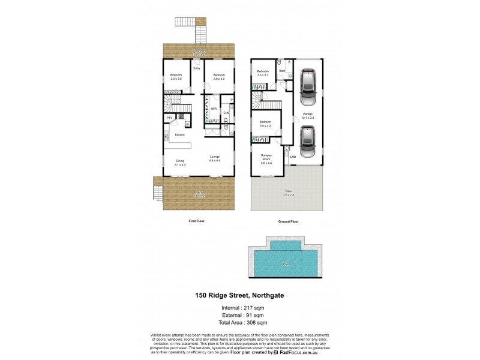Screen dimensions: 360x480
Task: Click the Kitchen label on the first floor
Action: tap(179, 135)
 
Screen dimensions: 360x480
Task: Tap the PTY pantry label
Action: tap(169, 118)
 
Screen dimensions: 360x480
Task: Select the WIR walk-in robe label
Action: tap(214, 109)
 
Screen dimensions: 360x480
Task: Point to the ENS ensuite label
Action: tap(226, 113)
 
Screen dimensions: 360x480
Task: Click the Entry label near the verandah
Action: tap(196, 68)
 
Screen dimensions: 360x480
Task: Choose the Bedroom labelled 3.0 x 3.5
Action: tap(176, 77)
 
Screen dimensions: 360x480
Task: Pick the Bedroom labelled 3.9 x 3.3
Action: tap(218, 77)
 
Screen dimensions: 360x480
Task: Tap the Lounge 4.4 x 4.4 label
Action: tap(215, 158)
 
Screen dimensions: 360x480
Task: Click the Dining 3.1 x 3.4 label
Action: tap(180, 161)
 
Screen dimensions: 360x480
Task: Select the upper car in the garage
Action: tap(307, 86)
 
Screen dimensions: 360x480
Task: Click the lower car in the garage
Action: tap(307, 142)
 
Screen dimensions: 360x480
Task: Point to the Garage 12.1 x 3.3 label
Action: tap(308, 115)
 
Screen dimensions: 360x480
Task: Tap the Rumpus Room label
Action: tap(266, 159)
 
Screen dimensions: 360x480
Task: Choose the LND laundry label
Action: tap(293, 157)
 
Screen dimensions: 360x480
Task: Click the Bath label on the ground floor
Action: tap(282, 71)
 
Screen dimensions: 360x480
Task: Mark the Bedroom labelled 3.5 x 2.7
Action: tap(263, 73)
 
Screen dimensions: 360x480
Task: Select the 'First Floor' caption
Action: tap(197, 221)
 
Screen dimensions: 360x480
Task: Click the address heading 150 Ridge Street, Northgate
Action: tap(239, 295)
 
